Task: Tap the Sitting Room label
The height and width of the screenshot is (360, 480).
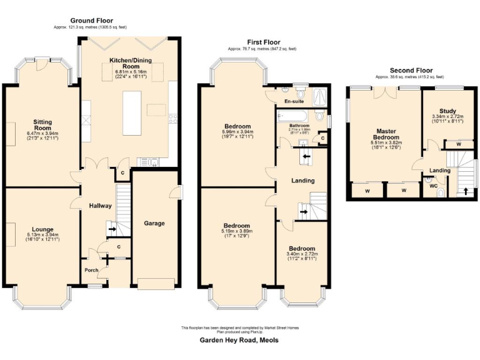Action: coord(42,125)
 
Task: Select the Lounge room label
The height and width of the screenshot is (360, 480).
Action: coord(42,229)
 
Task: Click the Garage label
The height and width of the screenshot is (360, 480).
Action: coord(154,223)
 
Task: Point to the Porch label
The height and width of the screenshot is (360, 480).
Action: coord(91,270)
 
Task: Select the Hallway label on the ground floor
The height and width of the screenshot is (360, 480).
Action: coord(100,206)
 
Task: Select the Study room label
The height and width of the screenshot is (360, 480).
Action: coord(447,111)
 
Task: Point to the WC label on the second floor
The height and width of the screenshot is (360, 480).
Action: coord(432,186)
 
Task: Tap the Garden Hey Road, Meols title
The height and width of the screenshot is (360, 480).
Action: coord(239,341)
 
